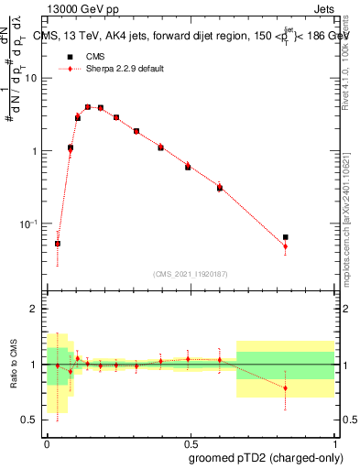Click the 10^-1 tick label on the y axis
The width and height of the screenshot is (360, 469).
click(31, 223)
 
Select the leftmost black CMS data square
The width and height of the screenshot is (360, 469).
click(58, 244)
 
